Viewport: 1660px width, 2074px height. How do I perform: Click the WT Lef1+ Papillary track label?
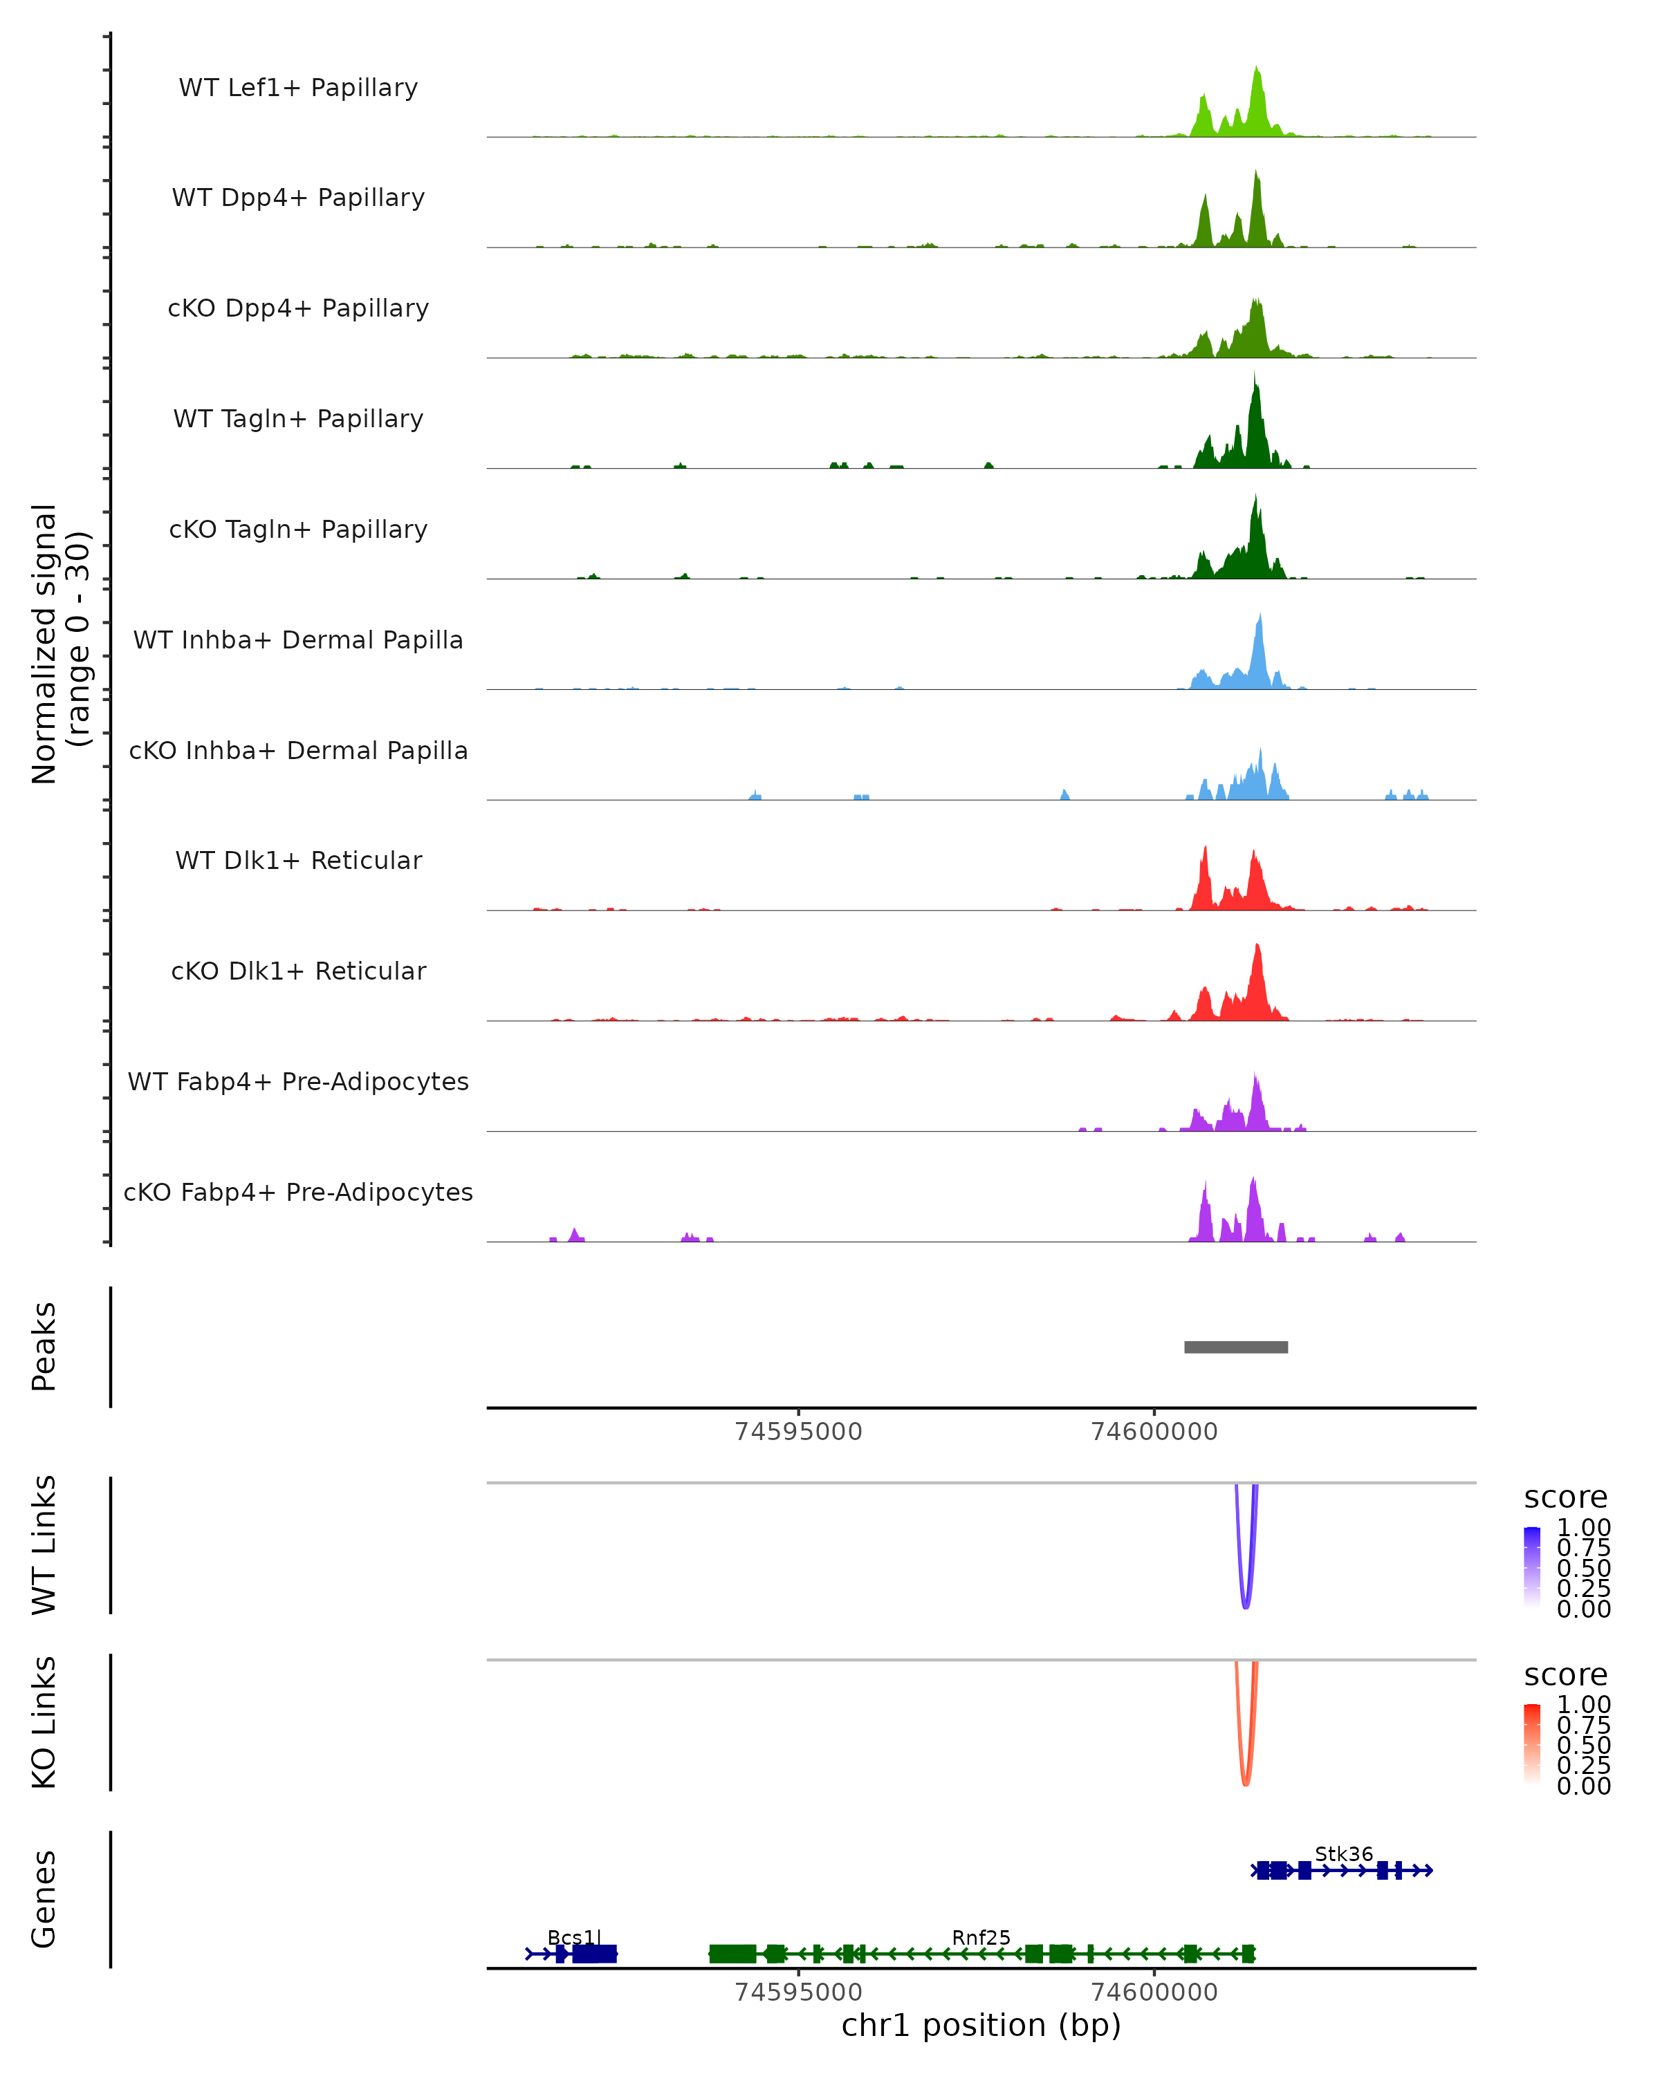[x=298, y=88]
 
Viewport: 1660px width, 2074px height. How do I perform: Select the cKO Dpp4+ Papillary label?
[x=298, y=309]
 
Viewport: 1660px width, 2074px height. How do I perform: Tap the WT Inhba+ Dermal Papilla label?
[x=298, y=641]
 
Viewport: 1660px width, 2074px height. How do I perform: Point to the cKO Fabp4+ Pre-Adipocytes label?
[x=298, y=1193]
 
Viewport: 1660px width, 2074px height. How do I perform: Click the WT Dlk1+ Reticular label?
[x=298, y=861]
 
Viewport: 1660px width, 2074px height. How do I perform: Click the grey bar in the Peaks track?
[x=1235, y=1347]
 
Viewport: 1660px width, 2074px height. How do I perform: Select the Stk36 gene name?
[x=1343, y=1855]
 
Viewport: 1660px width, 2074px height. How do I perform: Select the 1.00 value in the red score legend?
[x=1583, y=1705]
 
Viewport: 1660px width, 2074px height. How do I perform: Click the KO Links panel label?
[x=44, y=1723]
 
